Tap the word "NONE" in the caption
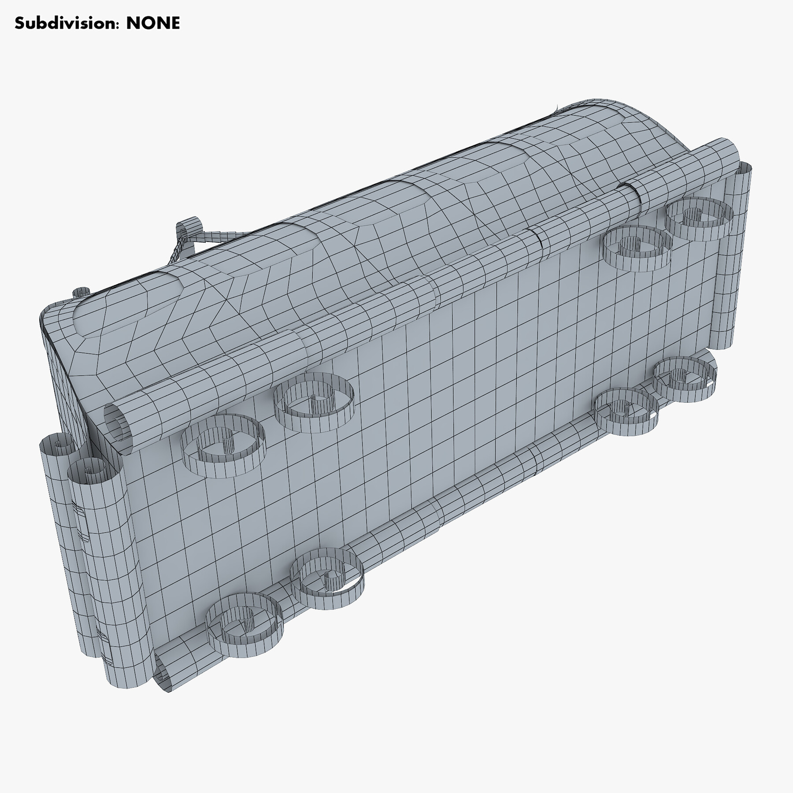click(153, 23)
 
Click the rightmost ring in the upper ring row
click(700, 213)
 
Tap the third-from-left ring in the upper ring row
click(634, 247)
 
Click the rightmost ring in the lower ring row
click(685, 380)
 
